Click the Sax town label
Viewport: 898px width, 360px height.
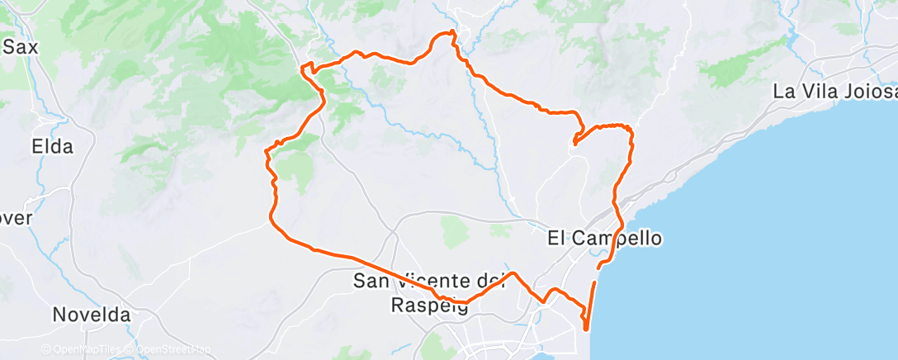(x=21, y=47)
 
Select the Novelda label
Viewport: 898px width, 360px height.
(x=91, y=315)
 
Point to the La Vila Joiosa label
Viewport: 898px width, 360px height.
(x=834, y=92)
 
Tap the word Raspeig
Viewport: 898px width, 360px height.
(x=428, y=306)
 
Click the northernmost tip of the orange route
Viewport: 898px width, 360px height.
(x=452, y=32)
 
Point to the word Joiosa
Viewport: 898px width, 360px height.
(x=867, y=92)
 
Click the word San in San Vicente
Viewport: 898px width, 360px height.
(x=371, y=282)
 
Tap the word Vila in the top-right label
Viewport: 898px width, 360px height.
(x=811, y=92)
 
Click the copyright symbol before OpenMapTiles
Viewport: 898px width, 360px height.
(x=45, y=349)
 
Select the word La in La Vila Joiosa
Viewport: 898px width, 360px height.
(x=783, y=92)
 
